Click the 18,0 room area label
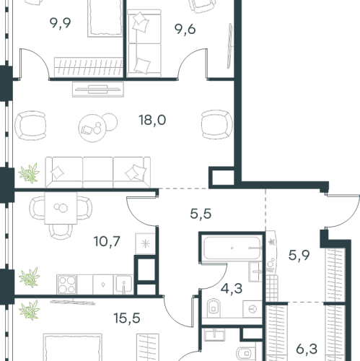(152, 120)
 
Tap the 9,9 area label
(60, 23)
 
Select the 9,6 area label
(185, 30)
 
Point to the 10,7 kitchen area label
(107, 241)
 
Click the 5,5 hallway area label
(201, 214)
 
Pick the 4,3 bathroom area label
(232, 289)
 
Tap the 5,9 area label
(299, 256)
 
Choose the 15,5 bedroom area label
(127, 318)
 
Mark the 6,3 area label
(307, 349)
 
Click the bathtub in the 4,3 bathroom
(232, 248)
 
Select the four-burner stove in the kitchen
(67, 284)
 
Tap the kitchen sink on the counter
(123, 284)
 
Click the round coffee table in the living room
(92, 128)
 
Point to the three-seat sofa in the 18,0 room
(98, 172)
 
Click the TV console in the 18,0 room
(98, 90)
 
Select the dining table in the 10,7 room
(61, 208)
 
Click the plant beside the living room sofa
(29, 173)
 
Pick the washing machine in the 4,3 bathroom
(253, 309)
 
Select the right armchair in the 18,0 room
(217, 124)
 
